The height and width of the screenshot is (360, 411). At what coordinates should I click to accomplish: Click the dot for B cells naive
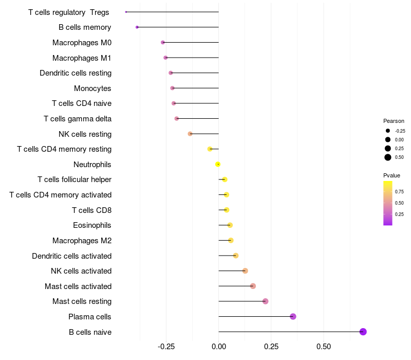pos(363,332)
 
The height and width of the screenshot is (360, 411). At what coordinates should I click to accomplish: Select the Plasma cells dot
pos(293,316)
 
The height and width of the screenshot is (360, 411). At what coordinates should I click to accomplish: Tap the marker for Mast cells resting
pos(265,301)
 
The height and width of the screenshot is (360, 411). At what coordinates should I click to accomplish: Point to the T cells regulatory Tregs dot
pos(126,12)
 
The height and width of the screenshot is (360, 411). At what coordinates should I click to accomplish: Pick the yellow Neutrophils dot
pos(218,164)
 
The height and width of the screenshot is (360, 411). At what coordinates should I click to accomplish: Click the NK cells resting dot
pos(190,134)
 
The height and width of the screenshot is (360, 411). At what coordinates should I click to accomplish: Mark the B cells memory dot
pos(137,27)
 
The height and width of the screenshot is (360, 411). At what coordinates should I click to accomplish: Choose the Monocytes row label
pos(92,88)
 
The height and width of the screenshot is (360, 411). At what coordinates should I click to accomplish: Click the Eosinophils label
pos(92,225)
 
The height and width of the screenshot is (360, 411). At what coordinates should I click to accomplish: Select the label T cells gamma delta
pos(78,119)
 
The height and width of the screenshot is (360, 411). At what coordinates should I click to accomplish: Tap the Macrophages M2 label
pos(82,241)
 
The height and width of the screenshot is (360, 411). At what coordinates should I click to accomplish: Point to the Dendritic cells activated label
pos(71,256)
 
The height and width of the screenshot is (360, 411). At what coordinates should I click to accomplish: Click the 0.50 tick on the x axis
pos(324,347)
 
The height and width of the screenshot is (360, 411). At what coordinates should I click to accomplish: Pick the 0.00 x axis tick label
pos(219,347)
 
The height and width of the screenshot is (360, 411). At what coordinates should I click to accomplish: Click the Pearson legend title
pos(394,121)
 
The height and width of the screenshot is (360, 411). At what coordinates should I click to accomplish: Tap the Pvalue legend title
pos(391,175)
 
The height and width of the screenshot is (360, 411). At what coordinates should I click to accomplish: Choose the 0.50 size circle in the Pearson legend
pos(388,157)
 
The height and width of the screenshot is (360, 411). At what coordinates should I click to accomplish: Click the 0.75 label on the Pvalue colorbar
pos(399,191)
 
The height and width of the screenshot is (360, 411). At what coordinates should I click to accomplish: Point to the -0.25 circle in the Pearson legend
pos(388,131)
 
